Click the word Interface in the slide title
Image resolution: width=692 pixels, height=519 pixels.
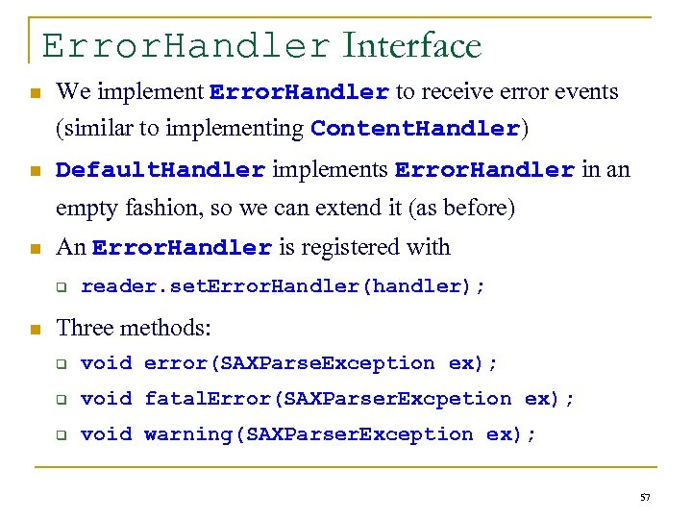411,45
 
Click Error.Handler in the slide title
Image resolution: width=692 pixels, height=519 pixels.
186,46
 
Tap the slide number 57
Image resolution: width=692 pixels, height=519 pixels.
645,497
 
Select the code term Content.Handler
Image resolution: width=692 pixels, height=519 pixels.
415,129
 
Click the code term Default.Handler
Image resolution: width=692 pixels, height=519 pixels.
161,171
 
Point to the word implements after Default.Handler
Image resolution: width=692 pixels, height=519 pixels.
330,170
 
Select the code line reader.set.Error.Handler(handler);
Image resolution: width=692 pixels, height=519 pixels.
284,285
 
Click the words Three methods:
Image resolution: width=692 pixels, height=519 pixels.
134,328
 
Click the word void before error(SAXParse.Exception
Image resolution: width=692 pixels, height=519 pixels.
106,363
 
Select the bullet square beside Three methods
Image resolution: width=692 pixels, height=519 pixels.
35,330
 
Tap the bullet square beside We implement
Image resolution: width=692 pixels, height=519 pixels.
35,94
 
